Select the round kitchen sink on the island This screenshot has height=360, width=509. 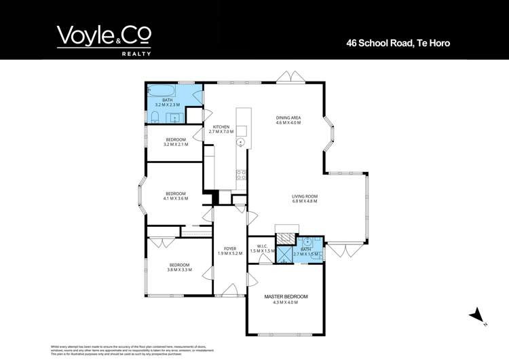[x=240, y=143]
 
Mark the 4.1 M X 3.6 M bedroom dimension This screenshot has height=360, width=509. [x=175, y=198]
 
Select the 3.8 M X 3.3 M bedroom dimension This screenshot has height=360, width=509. [x=179, y=270]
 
